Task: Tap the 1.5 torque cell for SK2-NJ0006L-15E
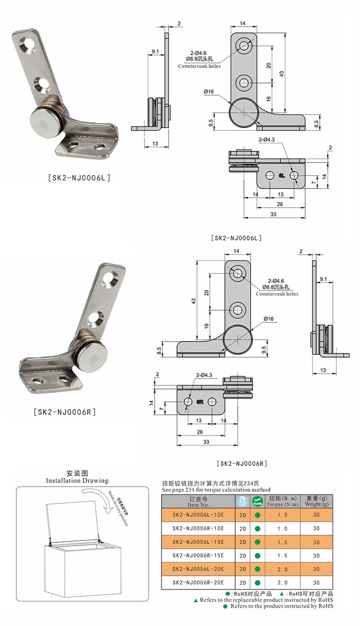(x=283, y=542)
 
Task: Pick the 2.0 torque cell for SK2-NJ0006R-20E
(x=283, y=582)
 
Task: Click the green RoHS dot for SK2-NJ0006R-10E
(x=257, y=528)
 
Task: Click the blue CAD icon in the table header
(x=242, y=501)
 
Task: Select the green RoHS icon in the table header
(x=257, y=501)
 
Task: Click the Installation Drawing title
(x=77, y=480)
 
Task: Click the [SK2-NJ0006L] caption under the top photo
(x=80, y=177)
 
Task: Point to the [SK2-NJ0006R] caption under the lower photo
(x=66, y=412)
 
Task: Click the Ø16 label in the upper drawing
(x=208, y=92)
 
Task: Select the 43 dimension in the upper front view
(x=282, y=73)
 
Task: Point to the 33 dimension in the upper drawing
(x=273, y=214)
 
